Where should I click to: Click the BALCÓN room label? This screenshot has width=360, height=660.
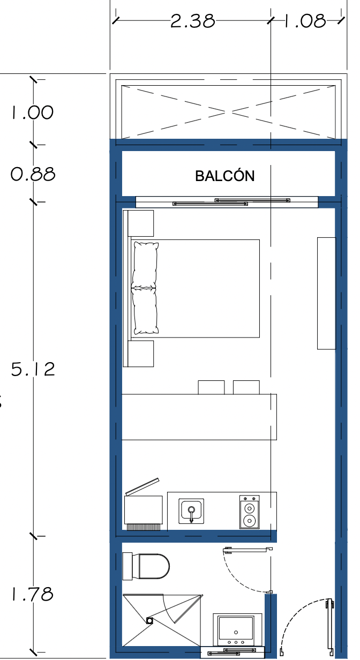pos(225,176)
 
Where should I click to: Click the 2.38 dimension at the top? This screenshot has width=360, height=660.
pos(193,21)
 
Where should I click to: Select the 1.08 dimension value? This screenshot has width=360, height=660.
pos(305,21)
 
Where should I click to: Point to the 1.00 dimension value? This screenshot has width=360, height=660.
pos(32,112)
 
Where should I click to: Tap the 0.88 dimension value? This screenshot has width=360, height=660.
pos(33,174)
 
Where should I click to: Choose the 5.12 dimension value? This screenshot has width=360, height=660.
pos(33,369)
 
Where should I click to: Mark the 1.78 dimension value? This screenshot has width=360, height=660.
pos(32,594)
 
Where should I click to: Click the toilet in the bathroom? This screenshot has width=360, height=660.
pos(146,566)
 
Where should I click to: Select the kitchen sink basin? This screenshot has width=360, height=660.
pos(191,511)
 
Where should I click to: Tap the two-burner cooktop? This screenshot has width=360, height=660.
pos(250,512)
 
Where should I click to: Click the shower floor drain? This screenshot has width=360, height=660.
pos(149,621)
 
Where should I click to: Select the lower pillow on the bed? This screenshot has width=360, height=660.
pos(145,311)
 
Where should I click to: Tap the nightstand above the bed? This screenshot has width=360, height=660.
pos(140,223)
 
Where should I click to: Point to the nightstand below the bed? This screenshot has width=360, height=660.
pos(140,354)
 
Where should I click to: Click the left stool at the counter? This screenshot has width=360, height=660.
pos(211,387)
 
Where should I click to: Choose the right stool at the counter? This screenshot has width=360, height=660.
pos(246,387)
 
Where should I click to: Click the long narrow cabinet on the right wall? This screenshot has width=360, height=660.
pos(326,293)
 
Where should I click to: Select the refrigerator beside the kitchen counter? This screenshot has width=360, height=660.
pos(144,510)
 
